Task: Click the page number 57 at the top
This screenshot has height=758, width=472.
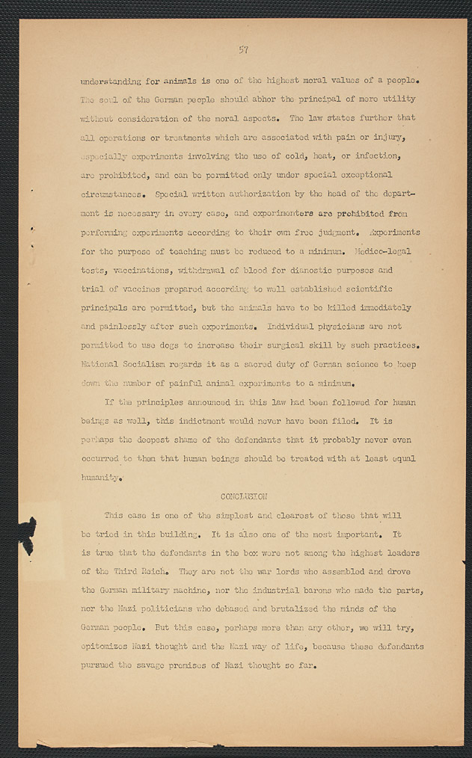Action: [x=243, y=50]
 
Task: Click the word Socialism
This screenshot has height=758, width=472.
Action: [x=150, y=365]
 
